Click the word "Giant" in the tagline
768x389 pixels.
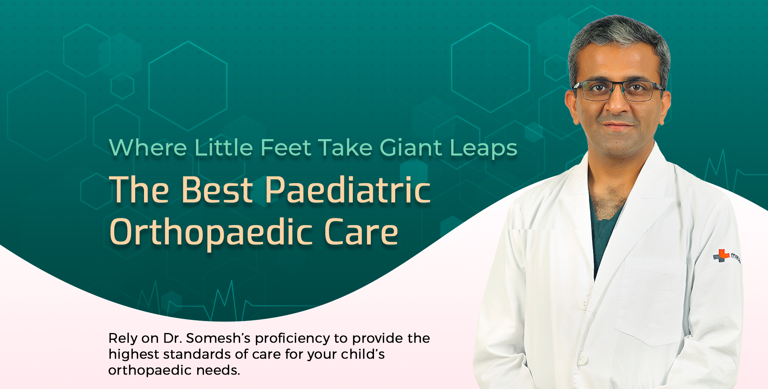point(411,148)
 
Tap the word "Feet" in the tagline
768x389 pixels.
point(286,148)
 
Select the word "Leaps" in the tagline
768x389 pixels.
point(484,149)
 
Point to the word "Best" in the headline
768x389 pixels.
point(217,190)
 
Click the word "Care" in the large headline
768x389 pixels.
point(361,232)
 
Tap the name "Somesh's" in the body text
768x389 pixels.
point(218,338)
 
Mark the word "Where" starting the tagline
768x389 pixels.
point(148,148)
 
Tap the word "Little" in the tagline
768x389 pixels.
point(224,148)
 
